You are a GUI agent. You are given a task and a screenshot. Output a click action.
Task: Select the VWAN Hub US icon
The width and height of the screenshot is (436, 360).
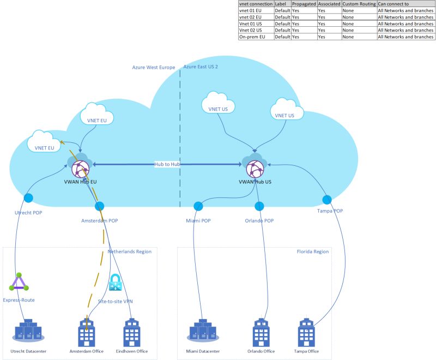coord(255,166)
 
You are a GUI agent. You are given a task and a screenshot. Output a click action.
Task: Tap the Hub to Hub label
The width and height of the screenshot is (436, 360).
coord(167,164)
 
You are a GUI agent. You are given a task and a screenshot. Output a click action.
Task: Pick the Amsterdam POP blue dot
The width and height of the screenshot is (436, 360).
coord(100,207)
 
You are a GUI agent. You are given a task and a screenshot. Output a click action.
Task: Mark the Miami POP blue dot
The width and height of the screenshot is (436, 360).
coord(198,206)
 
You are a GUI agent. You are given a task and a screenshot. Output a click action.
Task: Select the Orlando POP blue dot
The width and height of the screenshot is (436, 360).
coord(259,206)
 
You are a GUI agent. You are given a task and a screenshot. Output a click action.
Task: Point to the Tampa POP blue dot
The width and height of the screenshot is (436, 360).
coord(328,199)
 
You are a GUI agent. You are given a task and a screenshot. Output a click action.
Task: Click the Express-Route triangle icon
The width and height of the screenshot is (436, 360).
coord(19,282)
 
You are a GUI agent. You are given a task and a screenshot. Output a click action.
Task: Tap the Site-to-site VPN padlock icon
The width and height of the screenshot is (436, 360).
coord(116,282)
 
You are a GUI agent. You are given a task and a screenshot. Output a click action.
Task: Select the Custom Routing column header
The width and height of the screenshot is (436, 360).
coord(359,4)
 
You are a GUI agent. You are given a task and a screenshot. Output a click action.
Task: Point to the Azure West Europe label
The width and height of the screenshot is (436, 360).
coord(153,68)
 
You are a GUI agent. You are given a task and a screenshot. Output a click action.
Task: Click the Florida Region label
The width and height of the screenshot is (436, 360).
coord(312,252)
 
